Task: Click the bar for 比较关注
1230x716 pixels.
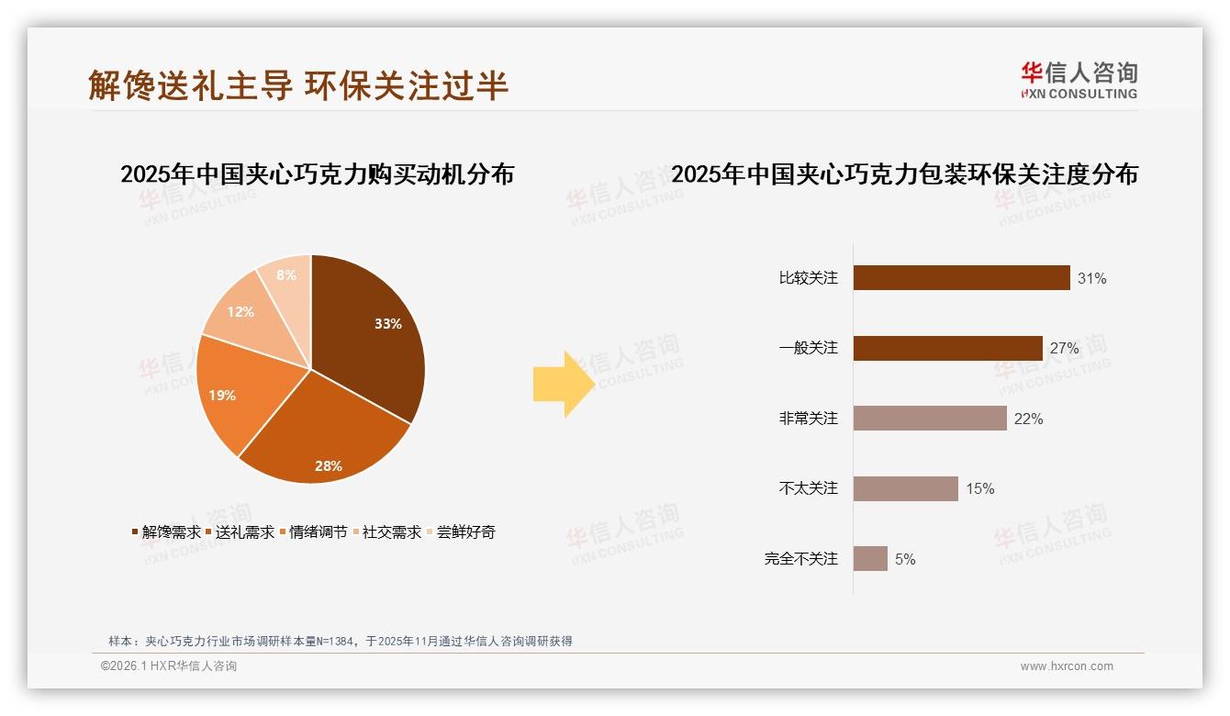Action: (961, 278)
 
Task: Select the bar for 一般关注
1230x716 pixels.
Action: (947, 348)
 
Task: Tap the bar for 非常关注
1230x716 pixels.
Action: (930, 419)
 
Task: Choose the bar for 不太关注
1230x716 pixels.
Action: (905, 488)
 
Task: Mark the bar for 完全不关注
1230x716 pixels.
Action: (870, 559)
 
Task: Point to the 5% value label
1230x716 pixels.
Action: (905, 559)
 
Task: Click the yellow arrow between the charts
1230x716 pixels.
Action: (563, 384)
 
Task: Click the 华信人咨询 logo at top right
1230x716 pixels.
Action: (1079, 80)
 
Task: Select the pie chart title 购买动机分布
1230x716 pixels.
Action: (317, 174)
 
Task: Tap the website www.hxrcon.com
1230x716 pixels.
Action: (1067, 666)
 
